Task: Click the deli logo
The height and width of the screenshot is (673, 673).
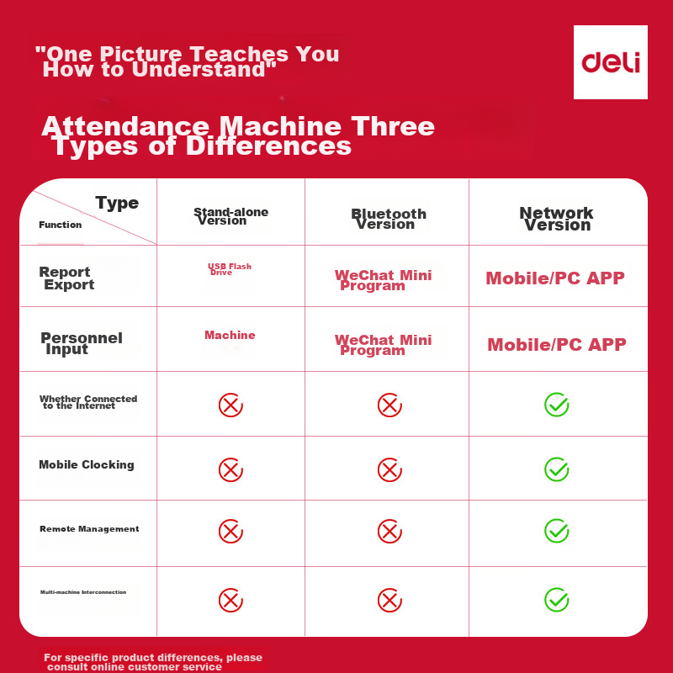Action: [611, 62]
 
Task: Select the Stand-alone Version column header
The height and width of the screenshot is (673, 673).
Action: [231, 216]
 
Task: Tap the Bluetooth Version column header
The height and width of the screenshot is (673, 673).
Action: [388, 219]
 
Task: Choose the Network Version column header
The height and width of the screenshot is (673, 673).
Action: [556, 219]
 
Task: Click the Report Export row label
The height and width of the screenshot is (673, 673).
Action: [66, 278]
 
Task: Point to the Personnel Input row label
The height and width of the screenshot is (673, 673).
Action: [81, 343]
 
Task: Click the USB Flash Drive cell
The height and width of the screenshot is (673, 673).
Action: [230, 269]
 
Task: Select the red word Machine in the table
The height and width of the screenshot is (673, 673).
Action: [230, 335]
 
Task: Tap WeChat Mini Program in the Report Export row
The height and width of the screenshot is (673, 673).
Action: [383, 280]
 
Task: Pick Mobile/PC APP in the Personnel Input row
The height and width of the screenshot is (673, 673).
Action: [556, 344]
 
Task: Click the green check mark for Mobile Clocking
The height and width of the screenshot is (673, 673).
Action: [556, 469]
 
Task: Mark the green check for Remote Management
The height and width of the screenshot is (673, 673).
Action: [556, 531]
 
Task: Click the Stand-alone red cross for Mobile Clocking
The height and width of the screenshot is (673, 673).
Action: [231, 469]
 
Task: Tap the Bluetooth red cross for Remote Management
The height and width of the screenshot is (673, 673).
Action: [389, 531]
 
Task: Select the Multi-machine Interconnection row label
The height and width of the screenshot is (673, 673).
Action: [83, 592]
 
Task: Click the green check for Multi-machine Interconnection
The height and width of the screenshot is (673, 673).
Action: [556, 599]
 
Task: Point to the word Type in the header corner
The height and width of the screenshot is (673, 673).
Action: [117, 203]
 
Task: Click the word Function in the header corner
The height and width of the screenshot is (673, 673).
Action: [61, 225]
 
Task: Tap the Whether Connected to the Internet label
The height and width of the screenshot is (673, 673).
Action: [87, 402]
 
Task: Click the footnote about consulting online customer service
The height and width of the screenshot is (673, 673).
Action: [153, 662]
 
